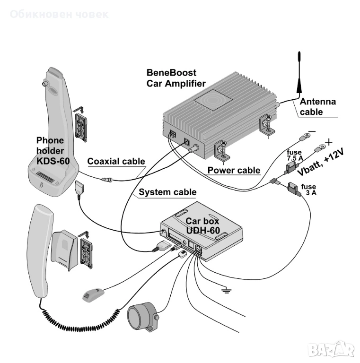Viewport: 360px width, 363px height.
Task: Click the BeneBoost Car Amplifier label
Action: [176, 78]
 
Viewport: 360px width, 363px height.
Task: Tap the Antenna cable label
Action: [317, 106]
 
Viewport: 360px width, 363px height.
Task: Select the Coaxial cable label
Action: [116, 161]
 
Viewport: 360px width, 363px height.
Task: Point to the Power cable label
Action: [234, 170]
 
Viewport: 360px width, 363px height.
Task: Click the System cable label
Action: [167, 192]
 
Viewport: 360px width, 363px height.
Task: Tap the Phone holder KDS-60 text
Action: [53, 150]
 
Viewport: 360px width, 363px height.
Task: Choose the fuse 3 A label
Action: [308, 190]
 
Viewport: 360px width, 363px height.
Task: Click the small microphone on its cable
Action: [93, 293]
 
